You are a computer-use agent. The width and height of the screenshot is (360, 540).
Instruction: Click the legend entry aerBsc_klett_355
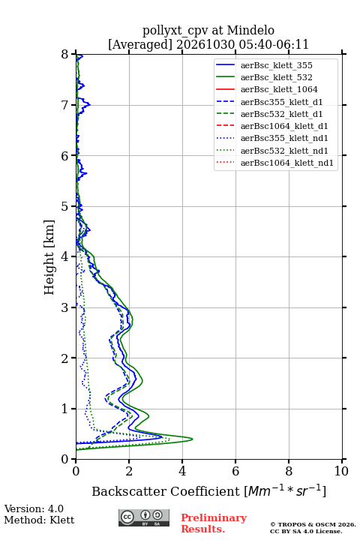[x=276, y=65]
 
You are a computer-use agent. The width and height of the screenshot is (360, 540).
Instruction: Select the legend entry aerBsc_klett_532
[x=276, y=77]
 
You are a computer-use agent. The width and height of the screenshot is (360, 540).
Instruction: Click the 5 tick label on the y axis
[x=65, y=206]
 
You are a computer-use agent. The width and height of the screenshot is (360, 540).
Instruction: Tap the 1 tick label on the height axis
[x=65, y=409]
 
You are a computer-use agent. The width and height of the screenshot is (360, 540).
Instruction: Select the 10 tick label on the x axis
[x=341, y=471]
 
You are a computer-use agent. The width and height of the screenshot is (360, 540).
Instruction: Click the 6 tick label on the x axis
[x=235, y=471]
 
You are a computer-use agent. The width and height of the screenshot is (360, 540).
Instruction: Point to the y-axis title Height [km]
[x=49, y=257]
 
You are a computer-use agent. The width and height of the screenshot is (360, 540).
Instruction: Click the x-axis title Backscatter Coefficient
[x=166, y=491]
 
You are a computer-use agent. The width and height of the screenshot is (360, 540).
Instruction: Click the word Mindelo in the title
[x=250, y=30]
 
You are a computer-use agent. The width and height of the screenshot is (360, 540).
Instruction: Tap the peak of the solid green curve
[x=192, y=439]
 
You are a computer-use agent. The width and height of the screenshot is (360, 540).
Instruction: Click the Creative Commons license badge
[x=144, y=517]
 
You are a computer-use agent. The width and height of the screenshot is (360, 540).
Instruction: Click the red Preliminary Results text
[x=214, y=523]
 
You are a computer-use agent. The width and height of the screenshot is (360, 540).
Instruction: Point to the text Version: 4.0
[x=34, y=508]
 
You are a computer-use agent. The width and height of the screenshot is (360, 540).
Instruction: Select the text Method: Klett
[x=39, y=520]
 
